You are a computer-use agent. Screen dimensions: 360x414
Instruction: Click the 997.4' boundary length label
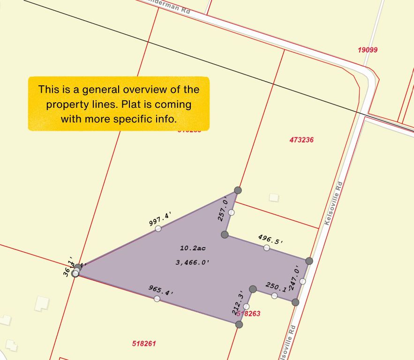click(x=160, y=219)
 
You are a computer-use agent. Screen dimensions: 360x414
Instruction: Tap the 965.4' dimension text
click(x=161, y=290)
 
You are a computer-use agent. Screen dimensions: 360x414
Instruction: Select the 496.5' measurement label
click(x=271, y=240)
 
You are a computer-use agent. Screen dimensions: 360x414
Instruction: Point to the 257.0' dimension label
click(x=223, y=209)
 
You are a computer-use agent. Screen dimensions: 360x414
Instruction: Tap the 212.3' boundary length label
click(x=238, y=304)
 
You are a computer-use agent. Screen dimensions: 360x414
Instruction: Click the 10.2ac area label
click(x=193, y=247)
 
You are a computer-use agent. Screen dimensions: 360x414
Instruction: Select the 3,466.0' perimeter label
click(x=192, y=262)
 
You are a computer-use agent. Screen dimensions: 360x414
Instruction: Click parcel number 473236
click(x=301, y=140)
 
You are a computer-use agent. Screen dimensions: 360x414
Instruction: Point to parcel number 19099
click(x=368, y=50)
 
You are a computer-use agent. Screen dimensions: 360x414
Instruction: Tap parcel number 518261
click(x=144, y=344)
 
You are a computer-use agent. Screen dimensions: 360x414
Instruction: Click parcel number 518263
click(x=249, y=313)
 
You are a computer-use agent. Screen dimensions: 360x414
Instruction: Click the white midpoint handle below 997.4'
click(x=158, y=228)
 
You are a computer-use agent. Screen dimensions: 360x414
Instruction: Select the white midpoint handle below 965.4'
click(x=157, y=299)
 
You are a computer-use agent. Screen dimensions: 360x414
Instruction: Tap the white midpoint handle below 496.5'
click(x=266, y=247)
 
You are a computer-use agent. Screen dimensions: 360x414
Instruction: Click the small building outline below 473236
click(x=274, y=198)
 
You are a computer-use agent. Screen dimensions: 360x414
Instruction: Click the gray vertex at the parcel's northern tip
click(x=238, y=190)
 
